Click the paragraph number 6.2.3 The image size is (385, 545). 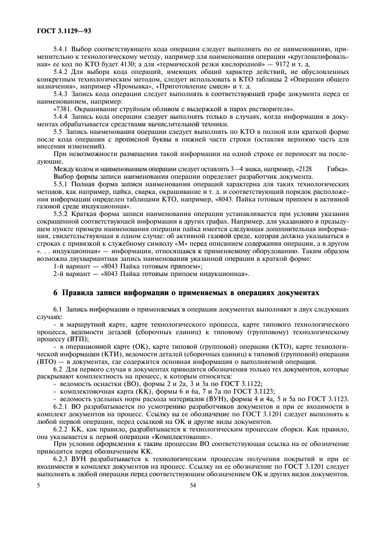point(61,459)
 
